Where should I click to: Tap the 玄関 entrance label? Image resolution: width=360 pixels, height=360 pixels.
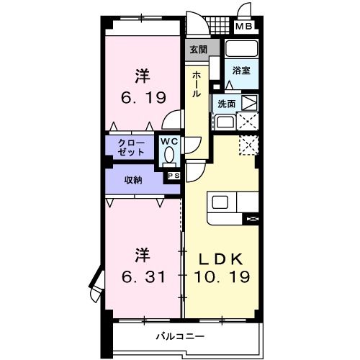click(x=197, y=50)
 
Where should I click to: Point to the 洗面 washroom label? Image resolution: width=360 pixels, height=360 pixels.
click(x=225, y=102)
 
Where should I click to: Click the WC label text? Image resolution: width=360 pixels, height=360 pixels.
click(x=169, y=141)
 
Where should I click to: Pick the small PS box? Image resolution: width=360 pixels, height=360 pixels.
click(x=173, y=175)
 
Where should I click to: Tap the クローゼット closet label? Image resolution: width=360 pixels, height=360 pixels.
click(x=132, y=148)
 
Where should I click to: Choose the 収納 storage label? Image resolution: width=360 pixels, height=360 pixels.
click(x=132, y=179)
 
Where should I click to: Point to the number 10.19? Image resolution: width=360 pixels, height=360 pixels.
click(x=220, y=277)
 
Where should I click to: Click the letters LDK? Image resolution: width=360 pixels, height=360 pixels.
click(x=220, y=258)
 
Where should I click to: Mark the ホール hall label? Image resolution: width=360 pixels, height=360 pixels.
click(x=197, y=85)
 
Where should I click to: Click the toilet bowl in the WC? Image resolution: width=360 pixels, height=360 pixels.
click(x=169, y=153)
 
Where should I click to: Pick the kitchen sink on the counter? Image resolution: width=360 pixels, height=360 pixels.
click(x=220, y=202)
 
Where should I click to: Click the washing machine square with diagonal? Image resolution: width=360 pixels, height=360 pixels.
click(x=248, y=102)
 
